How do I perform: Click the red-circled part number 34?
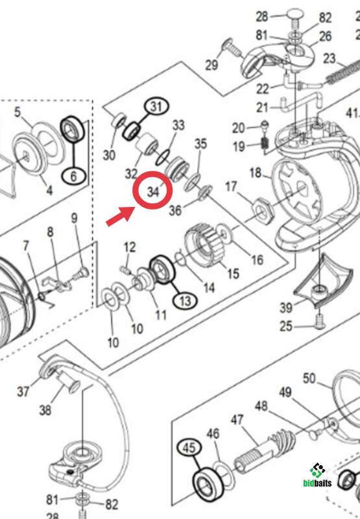click(x=153, y=191)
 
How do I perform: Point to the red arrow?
click(x=120, y=216)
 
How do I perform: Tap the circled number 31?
click(x=156, y=106)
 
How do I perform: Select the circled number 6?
click(x=73, y=175)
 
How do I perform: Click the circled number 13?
click(x=186, y=301)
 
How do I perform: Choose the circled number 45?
click(x=189, y=448)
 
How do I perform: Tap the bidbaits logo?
click(x=317, y=476)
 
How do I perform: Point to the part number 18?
click(x=256, y=172)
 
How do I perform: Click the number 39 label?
click(x=286, y=308)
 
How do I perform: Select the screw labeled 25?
click(x=320, y=321)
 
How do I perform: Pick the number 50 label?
click(x=309, y=378)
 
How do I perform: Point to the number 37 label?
click(x=23, y=392)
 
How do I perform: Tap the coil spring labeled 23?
click(x=342, y=71)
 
